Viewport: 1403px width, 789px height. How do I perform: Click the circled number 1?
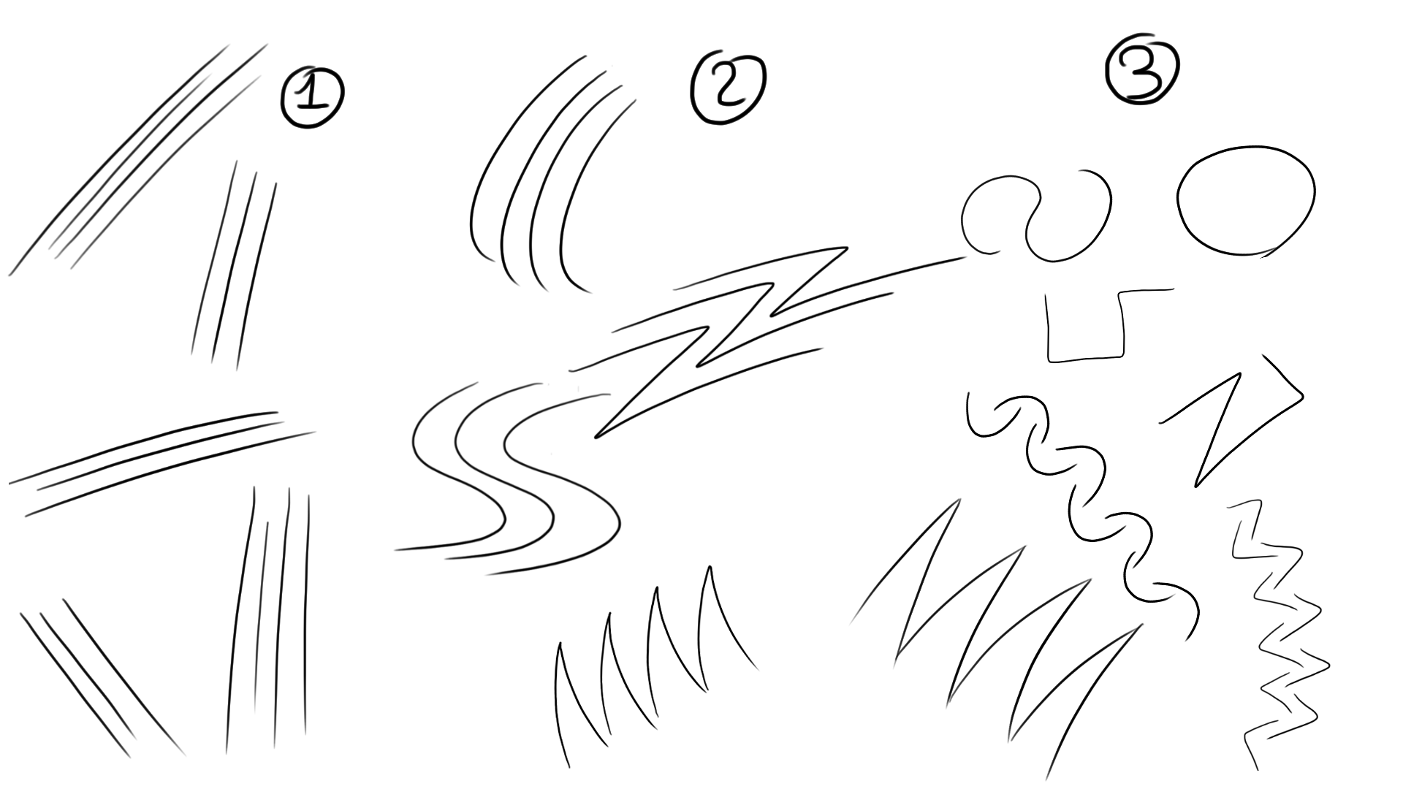[x=312, y=99]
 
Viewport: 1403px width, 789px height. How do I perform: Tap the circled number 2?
[x=727, y=88]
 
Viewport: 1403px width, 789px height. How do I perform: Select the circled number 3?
[x=1142, y=69]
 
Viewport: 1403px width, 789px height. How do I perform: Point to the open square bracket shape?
[x=1084, y=358]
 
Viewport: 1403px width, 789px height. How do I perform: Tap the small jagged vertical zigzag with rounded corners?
[x=1279, y=628]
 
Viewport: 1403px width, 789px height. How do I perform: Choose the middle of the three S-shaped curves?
[x=504, y=504]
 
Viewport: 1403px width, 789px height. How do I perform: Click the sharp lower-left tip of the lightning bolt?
[x=598, y=437]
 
